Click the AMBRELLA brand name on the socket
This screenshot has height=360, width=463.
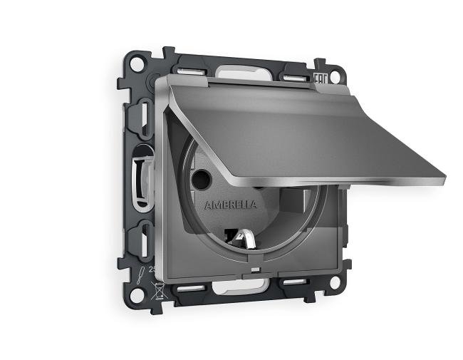(231, 205)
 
